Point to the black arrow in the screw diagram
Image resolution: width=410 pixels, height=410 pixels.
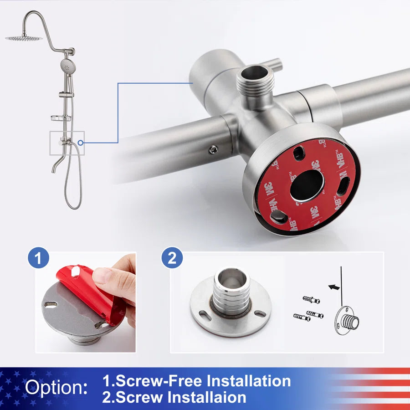[333, 287]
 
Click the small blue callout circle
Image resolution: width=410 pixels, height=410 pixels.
[81, 143]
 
